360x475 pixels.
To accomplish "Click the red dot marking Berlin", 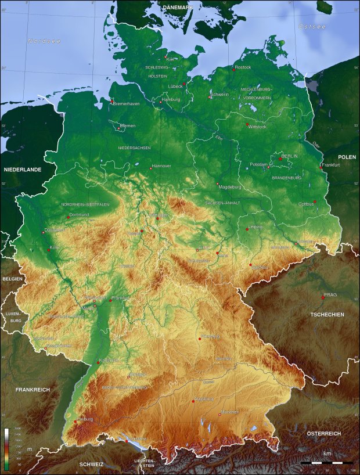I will click(280, 159).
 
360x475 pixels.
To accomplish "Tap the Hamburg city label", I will click(171, 99).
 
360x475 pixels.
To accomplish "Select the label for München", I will click(229, 411).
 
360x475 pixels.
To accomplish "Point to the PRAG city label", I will click(330, 294).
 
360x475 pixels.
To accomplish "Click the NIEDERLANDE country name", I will click(23, 170).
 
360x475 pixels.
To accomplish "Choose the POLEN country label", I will click(347, 157).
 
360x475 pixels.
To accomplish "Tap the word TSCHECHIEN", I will click(327, 314).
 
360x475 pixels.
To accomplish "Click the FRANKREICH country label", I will click(33, 390).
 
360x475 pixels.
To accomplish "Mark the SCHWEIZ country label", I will click(92, 465).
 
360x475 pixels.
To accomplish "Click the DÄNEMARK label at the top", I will click(178, 6).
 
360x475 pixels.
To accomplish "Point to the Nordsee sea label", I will click(44, 41).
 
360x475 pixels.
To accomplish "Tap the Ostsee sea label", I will click(312, 27).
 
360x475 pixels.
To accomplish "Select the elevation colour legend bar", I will click(6, 449).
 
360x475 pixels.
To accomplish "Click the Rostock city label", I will click(243, 67).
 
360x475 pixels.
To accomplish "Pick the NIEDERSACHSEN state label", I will click(134, 148).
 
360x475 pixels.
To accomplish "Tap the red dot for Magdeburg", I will click(218, 184).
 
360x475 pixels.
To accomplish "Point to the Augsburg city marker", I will click(193, 401).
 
